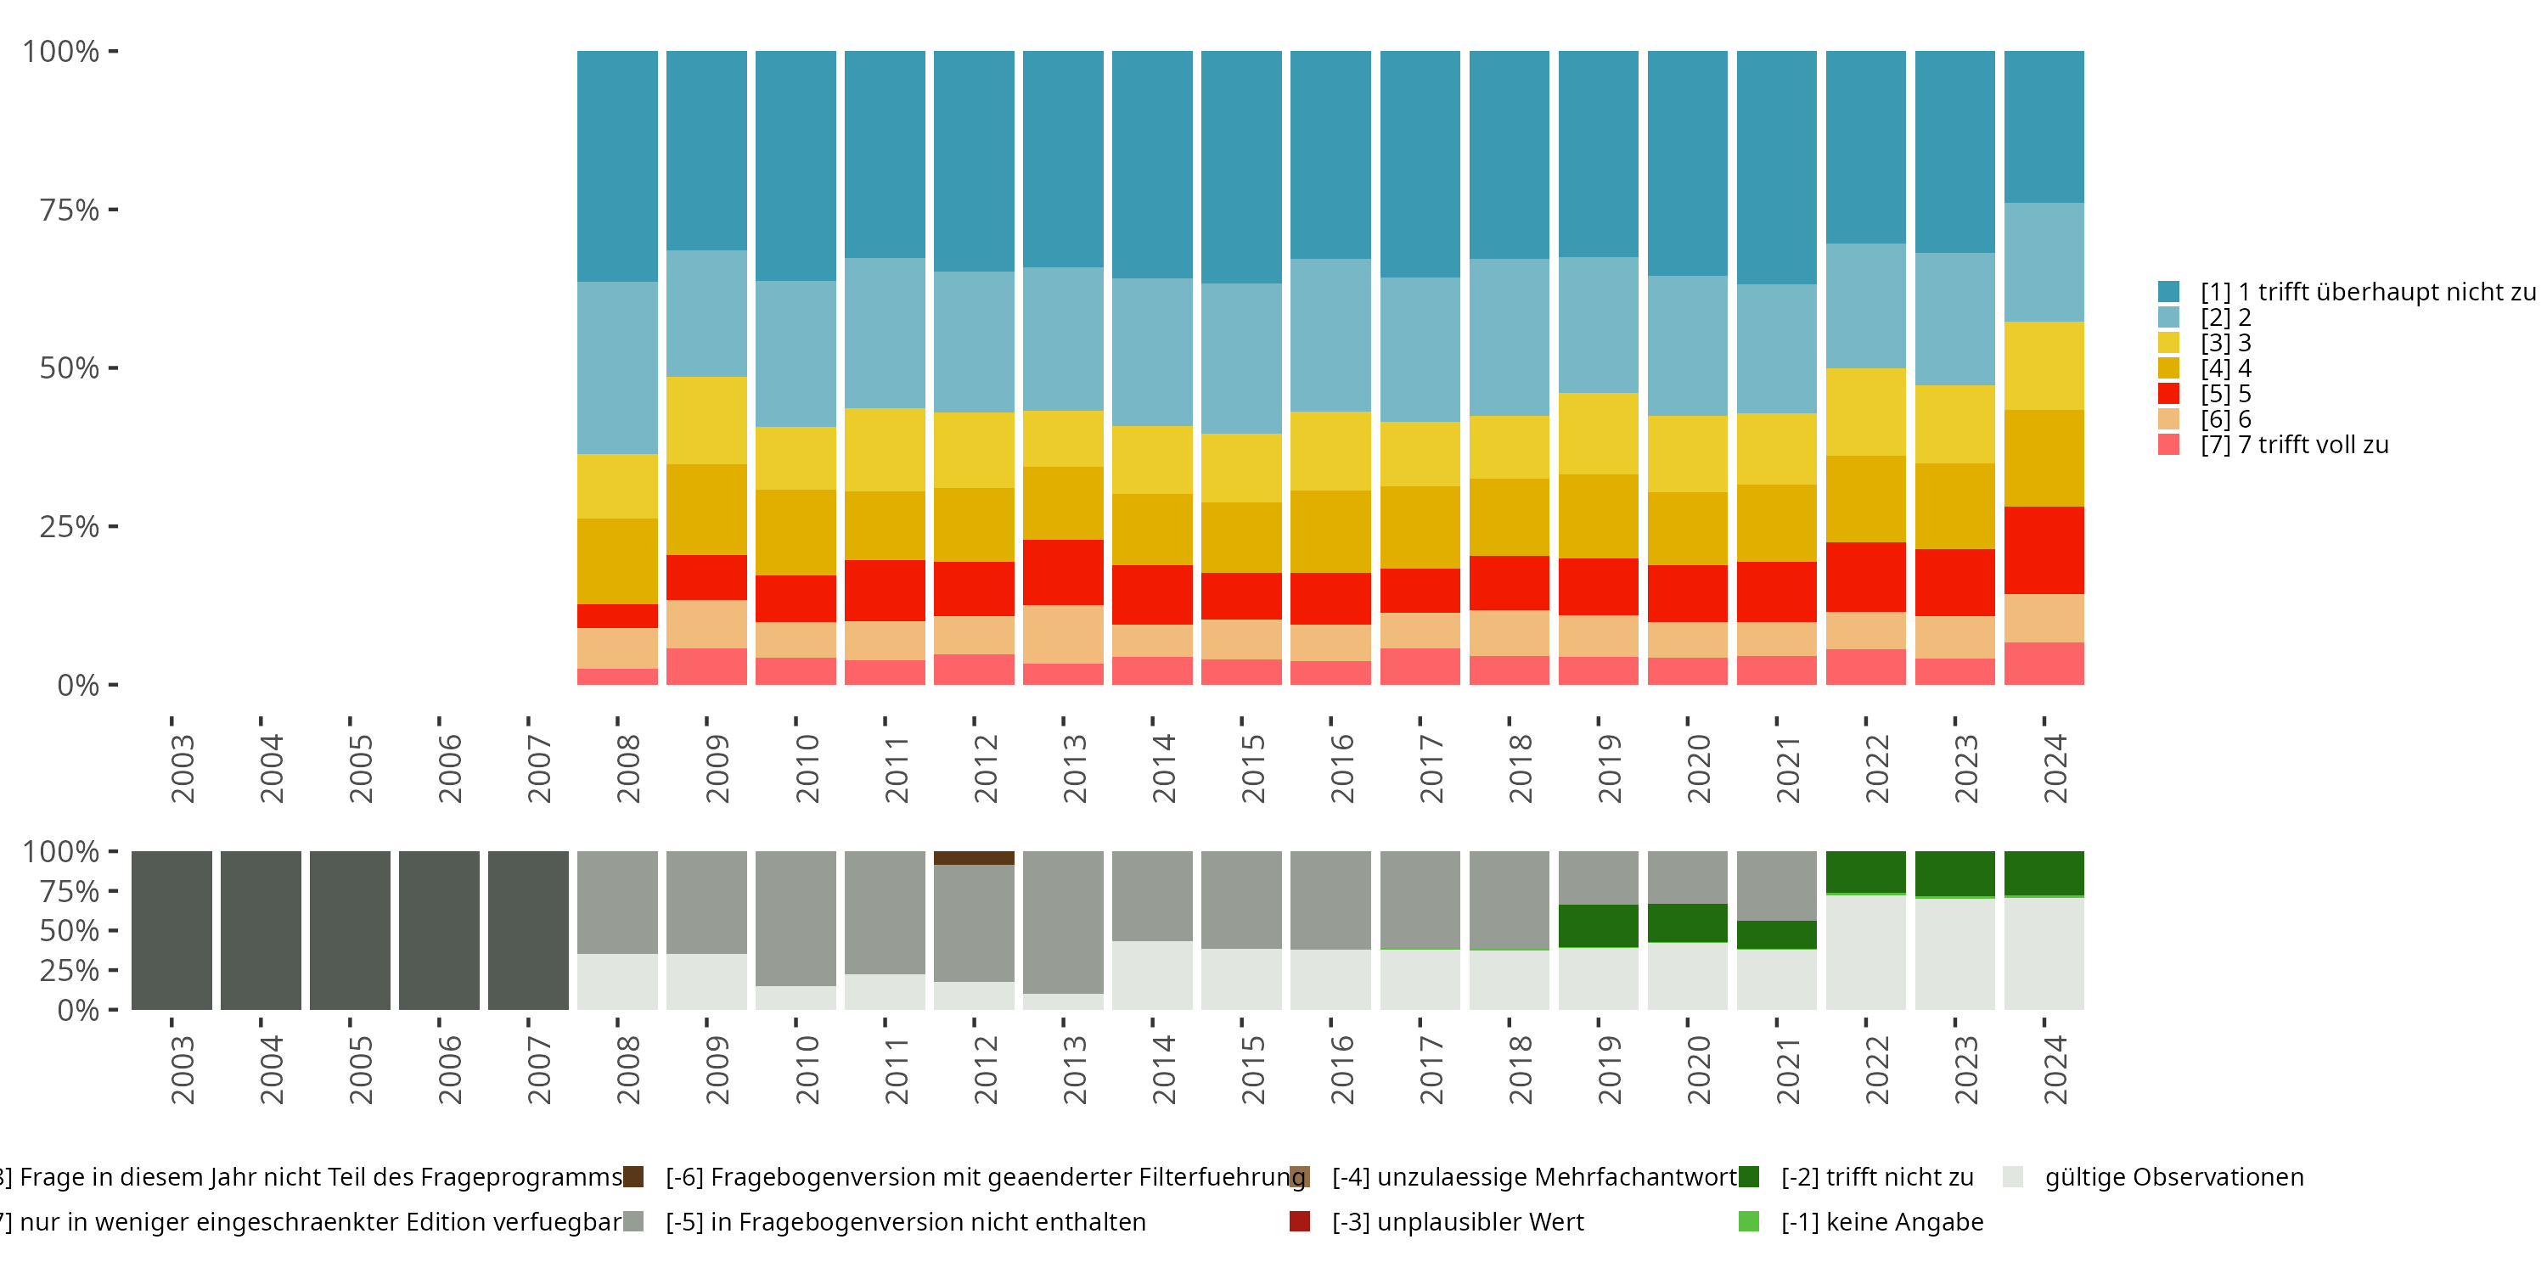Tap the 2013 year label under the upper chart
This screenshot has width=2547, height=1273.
click(x=1074, y=768)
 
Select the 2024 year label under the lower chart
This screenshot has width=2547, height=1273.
click(x=2055, y=1069)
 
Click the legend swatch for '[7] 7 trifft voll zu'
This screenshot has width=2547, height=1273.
click(x=2168, y=445)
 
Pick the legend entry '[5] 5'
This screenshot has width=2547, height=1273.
click(x=2226, y=394)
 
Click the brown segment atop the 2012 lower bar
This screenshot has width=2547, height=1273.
click(x=974, y=858)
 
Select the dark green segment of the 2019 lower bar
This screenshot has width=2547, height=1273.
click(x=1598, y=926)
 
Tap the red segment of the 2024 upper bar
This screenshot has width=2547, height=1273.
click(x=2044, y=550)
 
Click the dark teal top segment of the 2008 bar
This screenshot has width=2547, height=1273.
click(x=617, y=166)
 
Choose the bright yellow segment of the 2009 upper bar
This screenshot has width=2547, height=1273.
click(x=706, y=420)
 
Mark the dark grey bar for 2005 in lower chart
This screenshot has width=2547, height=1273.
click(x=350, y=930)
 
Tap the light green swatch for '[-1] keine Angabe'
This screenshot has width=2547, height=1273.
click(x=1748, y=1221)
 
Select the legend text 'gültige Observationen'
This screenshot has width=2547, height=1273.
click(x=2173, y=1177)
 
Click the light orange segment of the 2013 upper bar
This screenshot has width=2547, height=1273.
click(x=1063, y=634)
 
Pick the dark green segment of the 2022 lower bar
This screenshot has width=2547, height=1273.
click(x=1866, y=872)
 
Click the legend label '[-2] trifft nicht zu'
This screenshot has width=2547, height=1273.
click(x=1876, y=1177)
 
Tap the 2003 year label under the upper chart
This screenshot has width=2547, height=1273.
click(x=182, y=768)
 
